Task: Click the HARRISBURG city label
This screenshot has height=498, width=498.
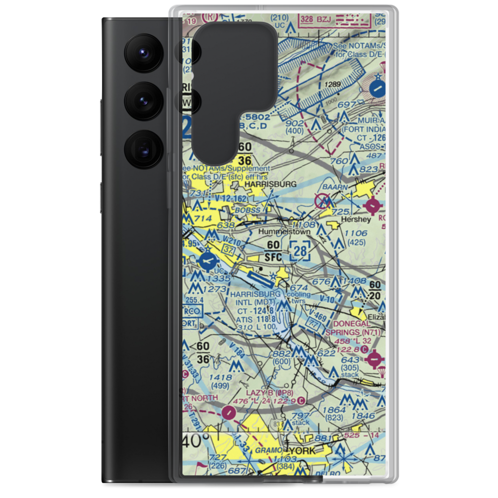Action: click(271, 184)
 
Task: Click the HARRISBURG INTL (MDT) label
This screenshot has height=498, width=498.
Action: click(255, 298)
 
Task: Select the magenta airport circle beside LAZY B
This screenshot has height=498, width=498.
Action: click(228, 412)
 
